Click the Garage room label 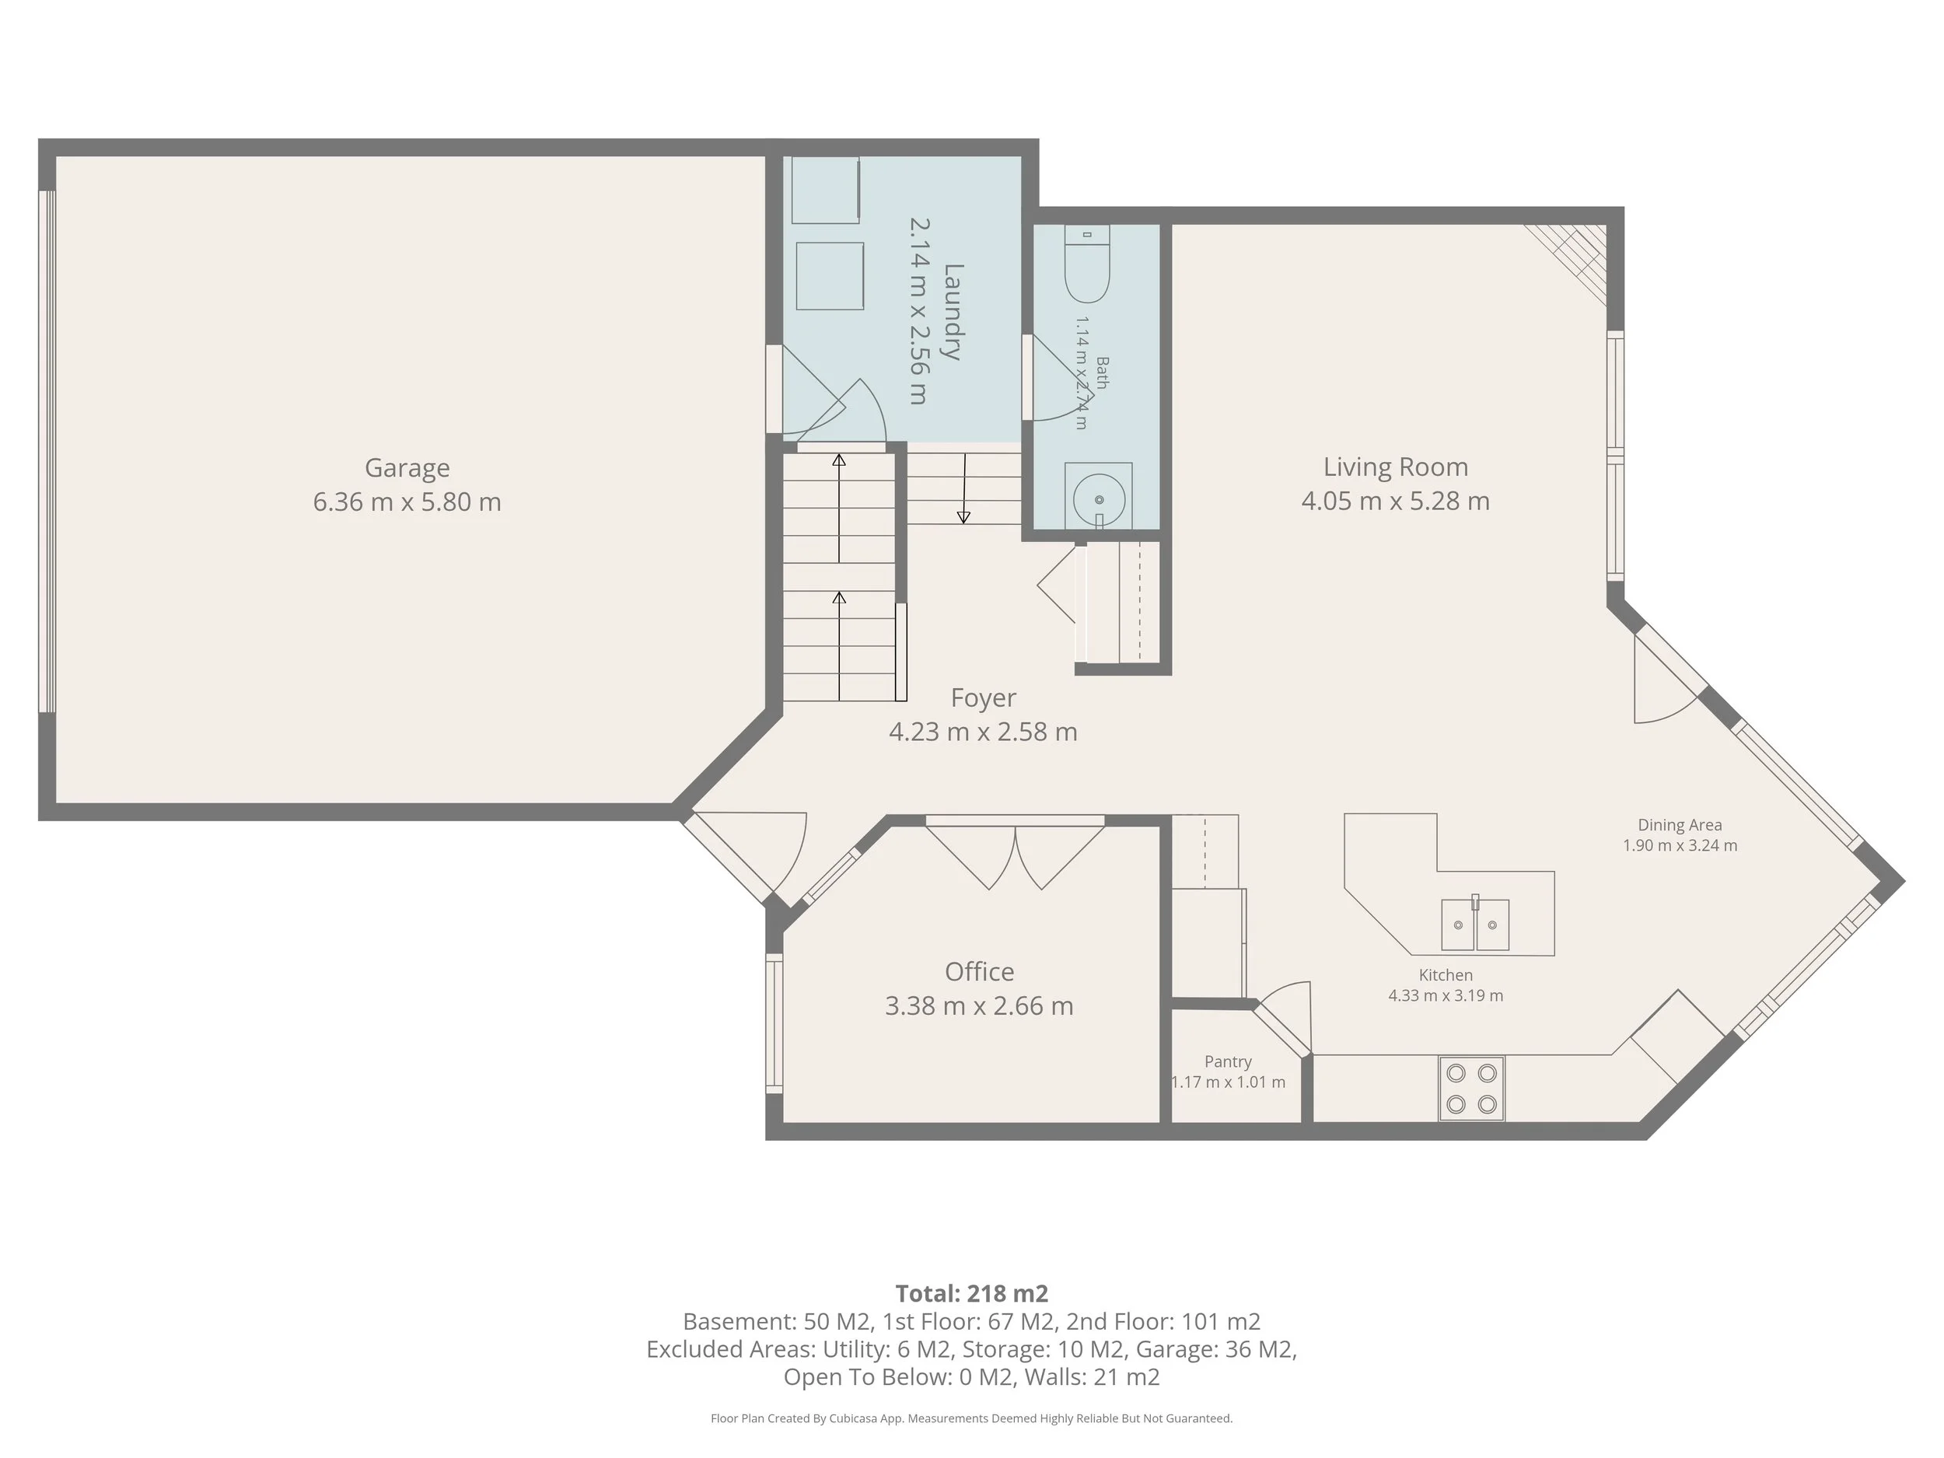click(x=407, y=468)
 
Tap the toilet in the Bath click(x=1087, y=264)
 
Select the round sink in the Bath click(x=1099, y=499)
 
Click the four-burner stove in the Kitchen click(x=1471, y=1088)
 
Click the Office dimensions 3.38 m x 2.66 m click(x=979, y=1005)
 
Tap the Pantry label click(x=1228, y=1061)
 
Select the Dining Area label click(x=1680, y=825)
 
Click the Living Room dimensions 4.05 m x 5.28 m click(x=1396, y=501)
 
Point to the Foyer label click(x=984, y=698)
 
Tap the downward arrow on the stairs click(x=964, y=488)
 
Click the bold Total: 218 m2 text click(x=972, y=1294)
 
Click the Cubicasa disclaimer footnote click(x=972, y=1418)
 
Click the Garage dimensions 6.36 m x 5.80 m click(x=407, y=502)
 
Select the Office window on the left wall click(x=774, y=1023)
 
